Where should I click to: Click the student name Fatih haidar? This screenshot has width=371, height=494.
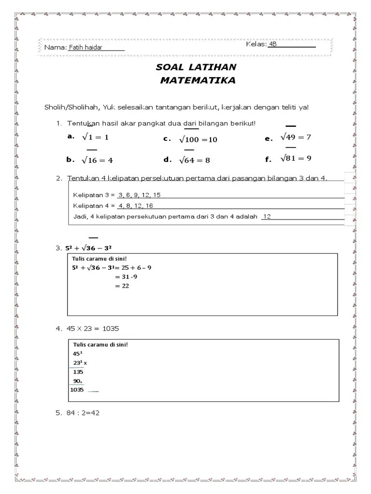tap(86, 47)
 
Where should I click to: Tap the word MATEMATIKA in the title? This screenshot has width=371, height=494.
tap(198, 81)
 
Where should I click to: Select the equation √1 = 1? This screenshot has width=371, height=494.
tap(95, 137)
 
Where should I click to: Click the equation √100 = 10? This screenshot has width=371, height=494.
tap(198, 139)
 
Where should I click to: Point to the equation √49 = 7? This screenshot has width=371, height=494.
tap(296, 137)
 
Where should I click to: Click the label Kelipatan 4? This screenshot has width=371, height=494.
tap(91, 206)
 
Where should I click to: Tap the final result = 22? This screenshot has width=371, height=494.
tap(122, 286)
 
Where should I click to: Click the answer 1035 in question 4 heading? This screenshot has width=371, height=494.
tap(111, 329)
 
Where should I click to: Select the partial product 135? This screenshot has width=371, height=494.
tap(78, 372)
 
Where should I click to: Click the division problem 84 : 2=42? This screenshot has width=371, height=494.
tap(82, 413)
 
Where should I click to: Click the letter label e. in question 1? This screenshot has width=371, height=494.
tap(269, 138)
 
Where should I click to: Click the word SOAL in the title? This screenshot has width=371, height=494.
tap(167, 67)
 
